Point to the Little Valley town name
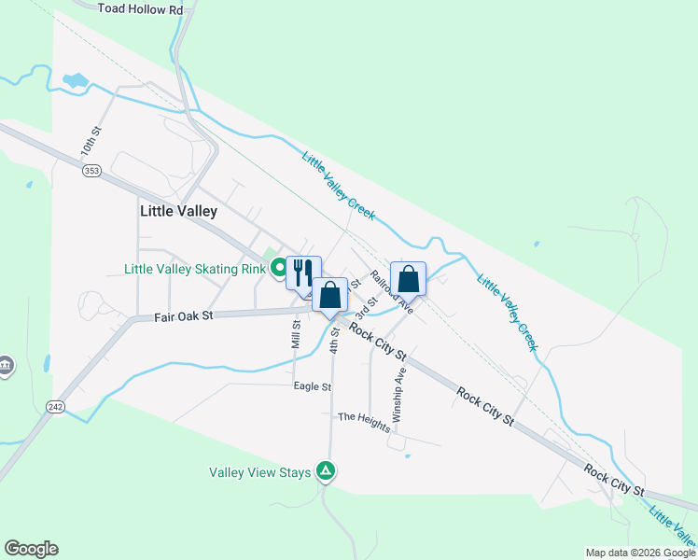point(178,212)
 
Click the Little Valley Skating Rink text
point(195,269)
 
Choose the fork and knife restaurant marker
point(303,273)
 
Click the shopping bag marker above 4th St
point(329,295)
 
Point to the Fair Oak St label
point(184,315)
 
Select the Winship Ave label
point(400,395)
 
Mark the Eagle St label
point(313,385)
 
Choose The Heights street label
point(364,422)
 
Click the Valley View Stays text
point(258,472)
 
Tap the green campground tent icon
point(325,471)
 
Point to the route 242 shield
point(56,406)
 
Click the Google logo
point(31,549)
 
